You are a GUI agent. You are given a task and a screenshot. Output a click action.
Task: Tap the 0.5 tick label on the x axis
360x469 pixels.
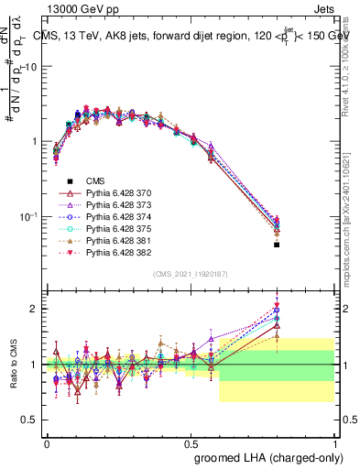(191, 442)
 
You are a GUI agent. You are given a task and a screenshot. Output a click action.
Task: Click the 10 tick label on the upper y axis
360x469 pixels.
(32, 67)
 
